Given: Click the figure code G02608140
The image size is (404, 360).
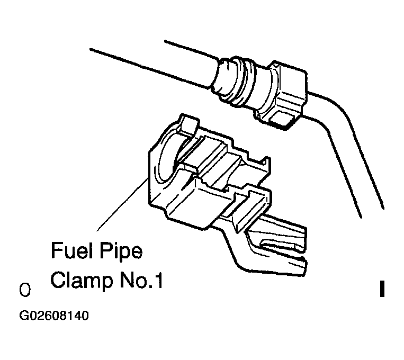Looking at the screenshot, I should (54, 316).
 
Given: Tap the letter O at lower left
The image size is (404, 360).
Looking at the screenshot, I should (24, 291).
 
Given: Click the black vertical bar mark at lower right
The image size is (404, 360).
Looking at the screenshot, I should (381, 289).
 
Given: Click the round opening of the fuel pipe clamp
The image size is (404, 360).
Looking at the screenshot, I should (167, 154).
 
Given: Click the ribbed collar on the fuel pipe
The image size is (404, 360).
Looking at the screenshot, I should (249, 85).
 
